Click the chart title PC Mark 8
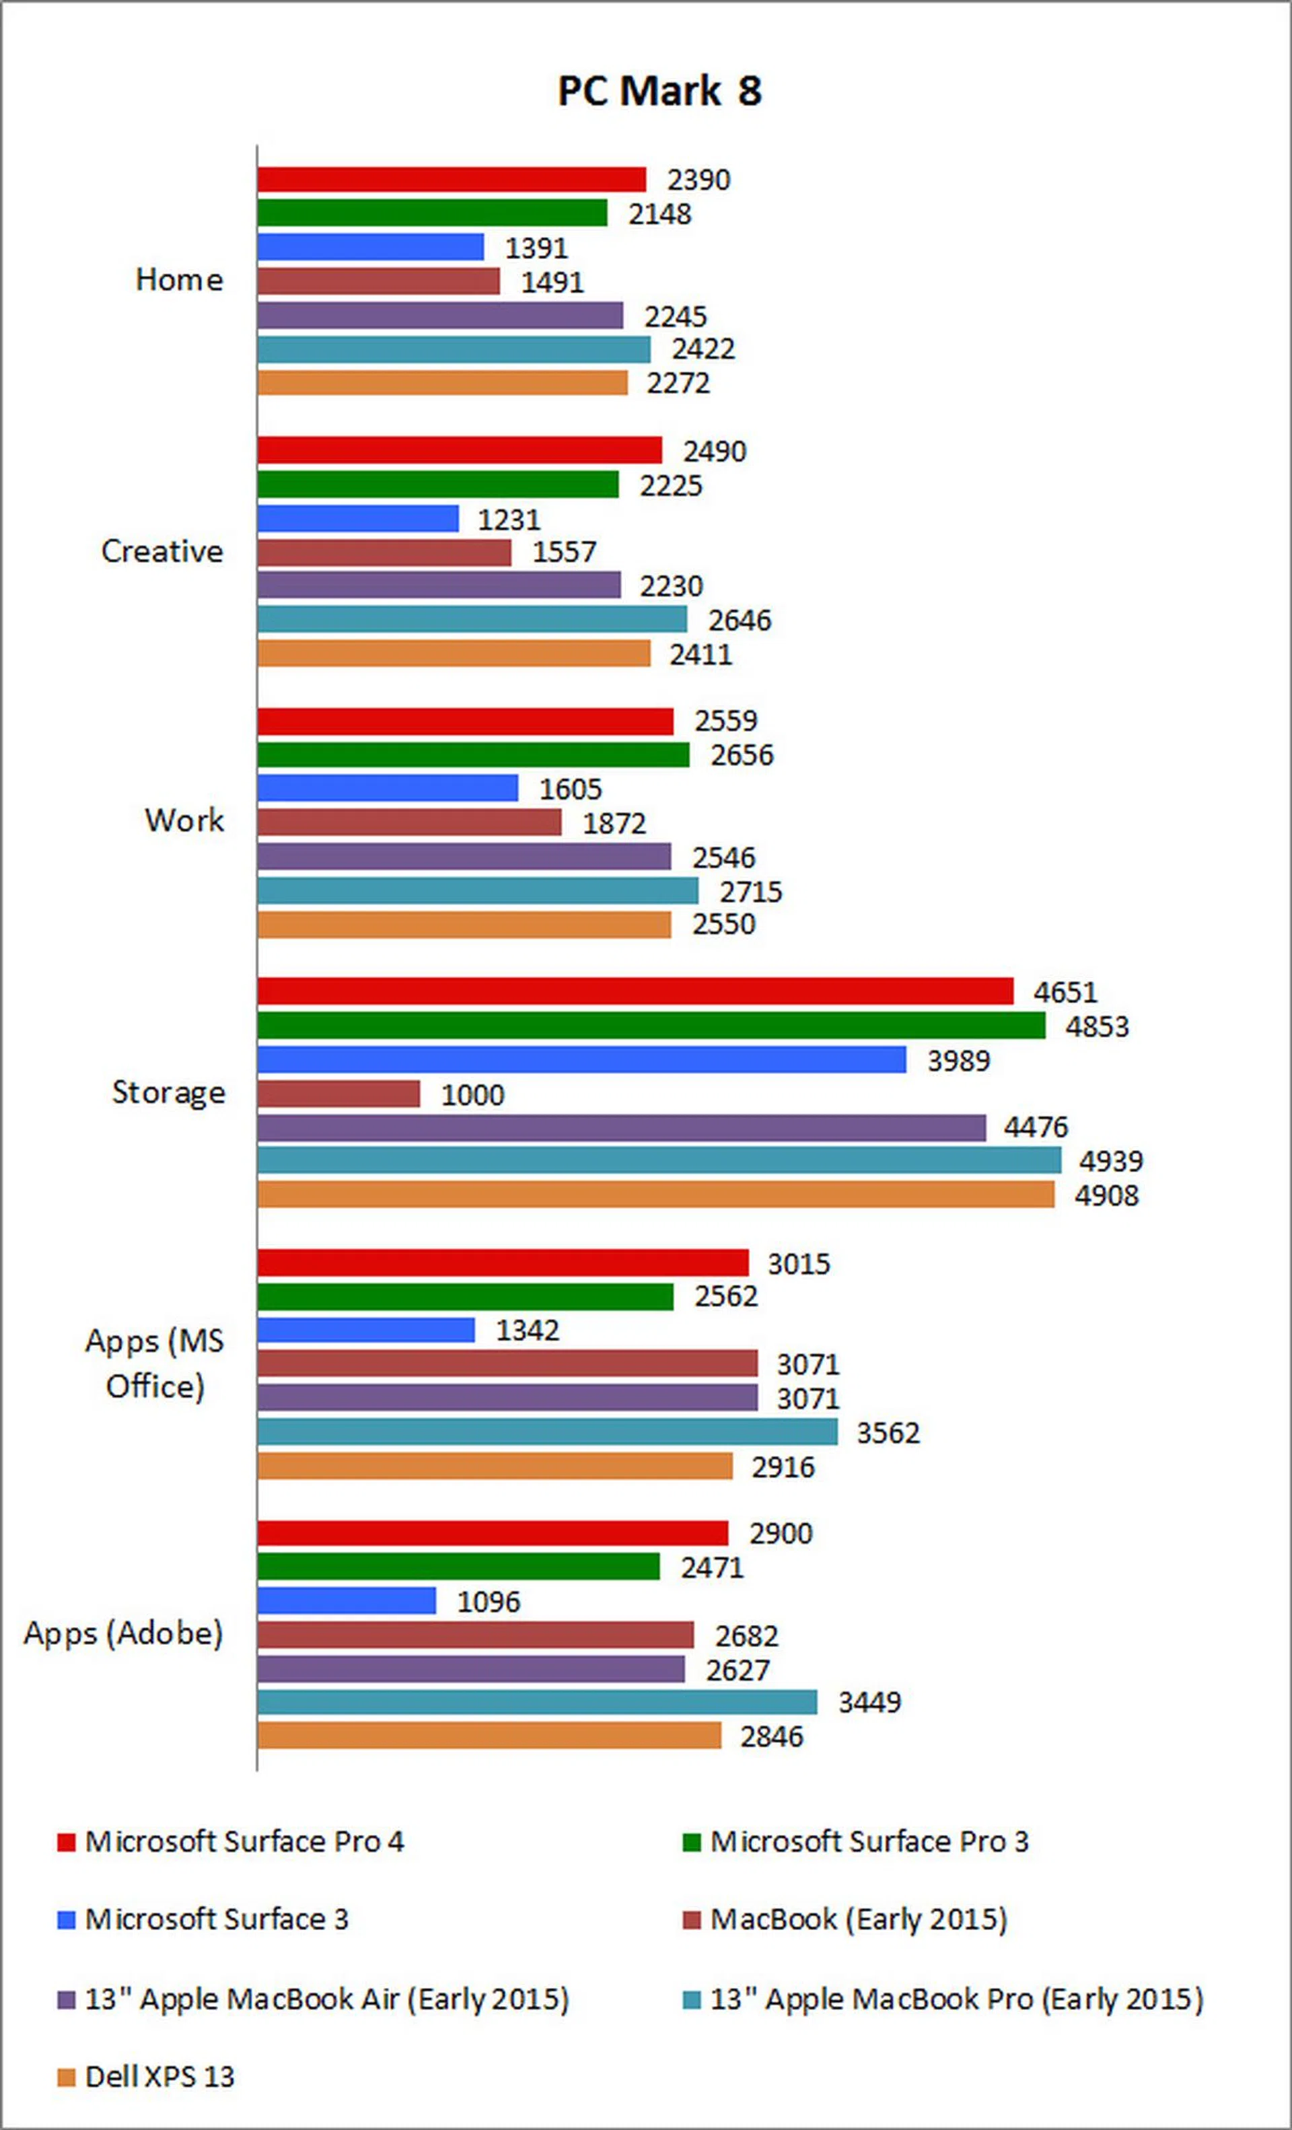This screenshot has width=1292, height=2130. pyautogui.click(x=659, y=91)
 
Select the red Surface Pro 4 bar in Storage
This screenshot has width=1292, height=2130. pyautogui.click(x=635, y=991)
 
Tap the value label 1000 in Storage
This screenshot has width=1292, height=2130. pyautogui.click(x=472, y=1095)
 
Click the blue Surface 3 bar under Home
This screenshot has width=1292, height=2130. pyautogui.click(x=370, y=247)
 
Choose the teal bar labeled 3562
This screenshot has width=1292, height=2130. pyautogui.click(x=547, y=1432)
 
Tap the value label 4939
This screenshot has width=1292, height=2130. pyautogui.click(x=1110, y=1161)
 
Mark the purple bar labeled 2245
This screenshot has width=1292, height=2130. pyautogui.click(x=440, y=316)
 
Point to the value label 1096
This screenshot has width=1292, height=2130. pyautogui.click(x=489, y=1602)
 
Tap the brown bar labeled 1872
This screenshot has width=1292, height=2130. pyautogui.click(x=408, y=823)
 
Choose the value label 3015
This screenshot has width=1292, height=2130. pyautogui.click(x=799, y=1264)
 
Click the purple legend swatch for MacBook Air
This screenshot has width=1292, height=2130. pyautogui.click(x=67, y=2000)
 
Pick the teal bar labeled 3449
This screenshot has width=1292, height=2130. pyautogui.click(x=537, y=1702)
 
